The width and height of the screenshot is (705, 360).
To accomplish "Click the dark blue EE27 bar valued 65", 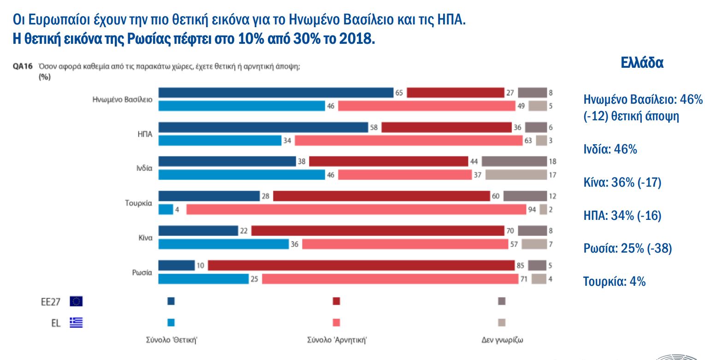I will pos(276,93).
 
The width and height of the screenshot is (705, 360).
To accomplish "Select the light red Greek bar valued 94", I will pos(356,209).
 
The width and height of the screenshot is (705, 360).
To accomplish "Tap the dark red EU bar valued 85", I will pos(361,266).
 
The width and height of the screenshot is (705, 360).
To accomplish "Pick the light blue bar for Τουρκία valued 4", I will pos(166,209).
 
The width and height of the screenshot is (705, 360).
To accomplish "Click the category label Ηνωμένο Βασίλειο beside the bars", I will pos(123,99).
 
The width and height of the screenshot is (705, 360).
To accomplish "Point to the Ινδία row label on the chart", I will pos(144,168).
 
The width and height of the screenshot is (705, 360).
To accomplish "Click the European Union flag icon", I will pos(76,301).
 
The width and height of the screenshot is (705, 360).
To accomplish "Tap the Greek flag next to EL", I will pos(76,323).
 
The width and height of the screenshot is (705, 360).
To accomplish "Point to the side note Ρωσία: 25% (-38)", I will pos(628,248).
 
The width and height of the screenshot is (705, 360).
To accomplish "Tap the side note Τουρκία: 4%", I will pos(614,281).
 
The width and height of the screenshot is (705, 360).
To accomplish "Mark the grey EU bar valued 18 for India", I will pos(514,161).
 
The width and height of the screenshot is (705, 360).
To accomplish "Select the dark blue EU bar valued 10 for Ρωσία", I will pos(177,266).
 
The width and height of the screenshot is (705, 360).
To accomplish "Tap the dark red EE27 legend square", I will pos(336,301).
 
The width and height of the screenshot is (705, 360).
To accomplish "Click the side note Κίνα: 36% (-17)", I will pos(622,183).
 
